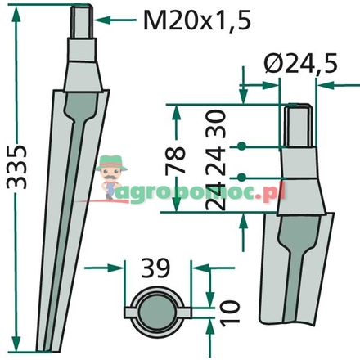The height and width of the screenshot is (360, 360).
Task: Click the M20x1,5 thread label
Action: tap(196, 20)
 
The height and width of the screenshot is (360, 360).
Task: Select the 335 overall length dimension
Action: tap(16, 167)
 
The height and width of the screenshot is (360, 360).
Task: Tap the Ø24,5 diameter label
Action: tap(301, 63)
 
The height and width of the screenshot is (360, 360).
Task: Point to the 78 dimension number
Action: tap(176, 160)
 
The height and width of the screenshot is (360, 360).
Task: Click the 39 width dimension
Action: tap(155, 268)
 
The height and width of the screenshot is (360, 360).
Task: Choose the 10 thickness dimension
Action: tap(230, 313)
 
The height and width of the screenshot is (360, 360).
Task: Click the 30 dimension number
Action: tap(216, 124)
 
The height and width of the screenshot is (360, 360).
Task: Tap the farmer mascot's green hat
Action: tap(111, 163)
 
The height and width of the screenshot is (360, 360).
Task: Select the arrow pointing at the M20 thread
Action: tap(115, 20)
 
